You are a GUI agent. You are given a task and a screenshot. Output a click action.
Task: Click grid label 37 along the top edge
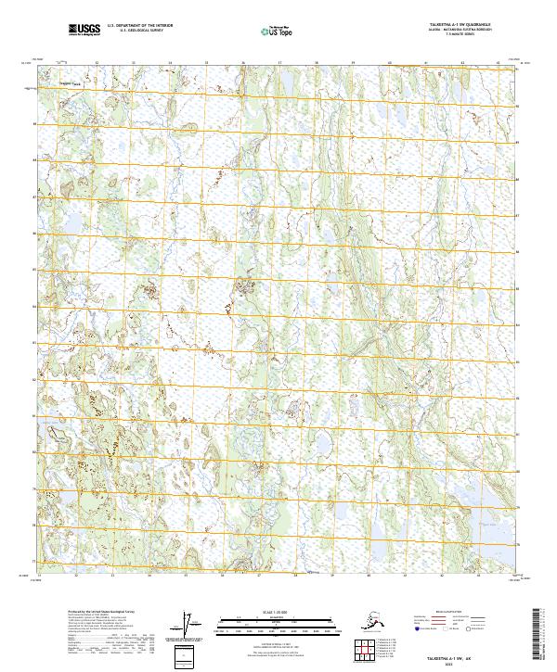(x=279, y=63)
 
